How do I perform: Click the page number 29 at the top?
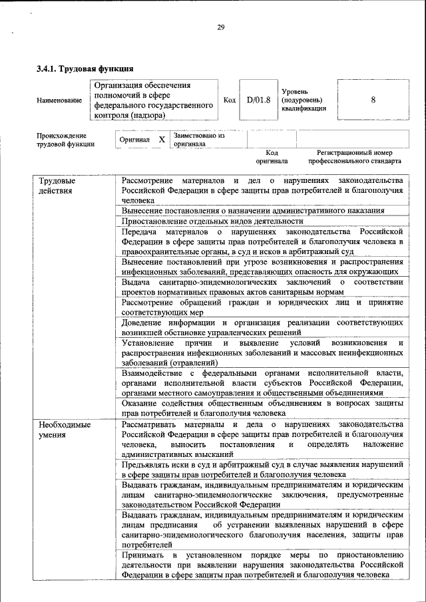(220, 27)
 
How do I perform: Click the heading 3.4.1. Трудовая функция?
(85, 68)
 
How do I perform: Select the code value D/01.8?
(258, 100)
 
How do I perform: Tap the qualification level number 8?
(373, 100)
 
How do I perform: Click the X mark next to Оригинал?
(161, 140)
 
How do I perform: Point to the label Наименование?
(60, 100)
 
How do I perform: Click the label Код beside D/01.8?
(230, 100)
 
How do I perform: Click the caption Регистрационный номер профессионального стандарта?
(355, 156)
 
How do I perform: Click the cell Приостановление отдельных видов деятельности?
(212, 221)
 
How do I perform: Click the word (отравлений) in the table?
(191, 363)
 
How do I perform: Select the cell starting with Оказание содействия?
(262, 408)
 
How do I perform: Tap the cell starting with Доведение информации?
(262, 327)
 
